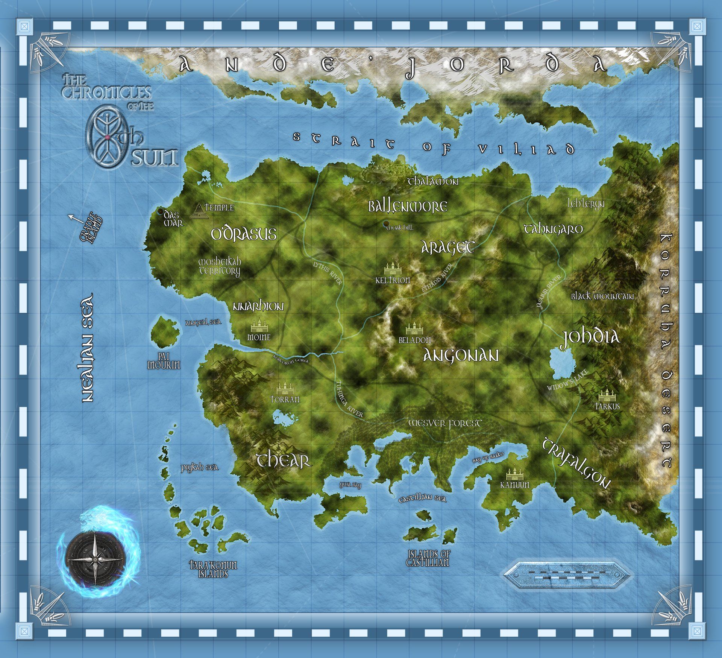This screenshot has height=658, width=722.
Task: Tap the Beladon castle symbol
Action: click(414, 327)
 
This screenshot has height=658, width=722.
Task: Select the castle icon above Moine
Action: click(259, 325)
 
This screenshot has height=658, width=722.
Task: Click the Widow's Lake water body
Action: click(561, 363)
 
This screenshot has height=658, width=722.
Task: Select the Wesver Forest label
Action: click(445, 423)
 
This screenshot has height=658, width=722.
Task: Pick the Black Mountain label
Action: click(602, 296)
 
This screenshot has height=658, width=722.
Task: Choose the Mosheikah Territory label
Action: click(220, 266)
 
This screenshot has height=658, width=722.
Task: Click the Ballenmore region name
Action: click(408, 207)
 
